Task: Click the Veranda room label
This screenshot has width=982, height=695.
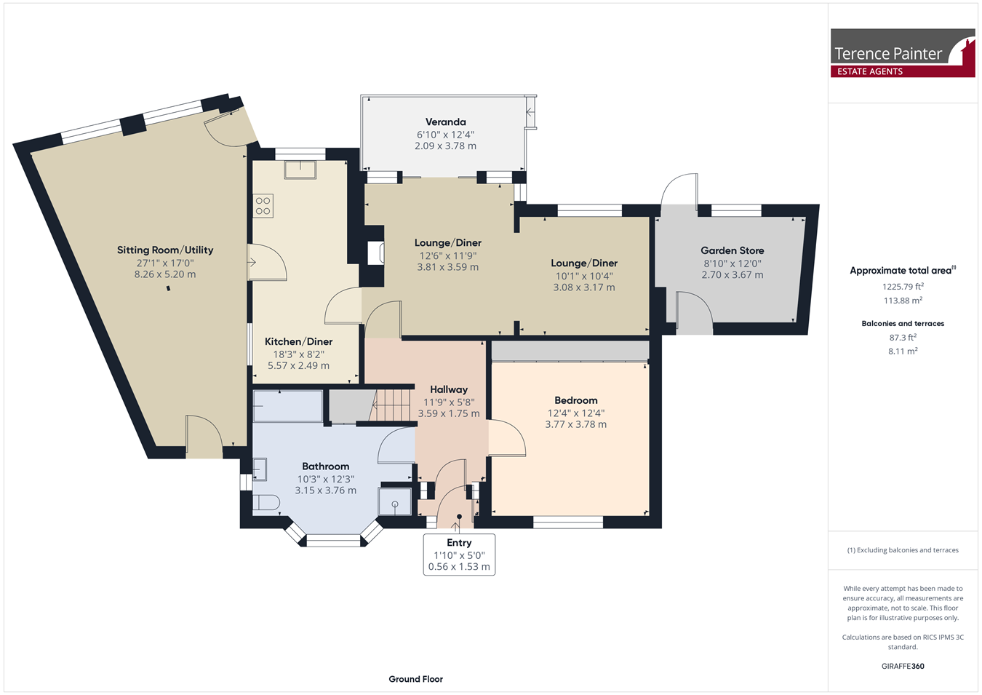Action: [x=445, y=122]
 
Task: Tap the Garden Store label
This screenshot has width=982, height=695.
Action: [x=732, y=250]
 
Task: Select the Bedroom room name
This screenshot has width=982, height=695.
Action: [x=575, y=400]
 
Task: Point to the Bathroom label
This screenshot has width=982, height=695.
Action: [x=325, y=466]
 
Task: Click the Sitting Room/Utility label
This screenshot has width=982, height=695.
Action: [x=165, y=250]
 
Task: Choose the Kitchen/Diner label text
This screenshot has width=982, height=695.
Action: [x=298, y=341]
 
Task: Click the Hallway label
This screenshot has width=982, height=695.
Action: [x=449, y=389]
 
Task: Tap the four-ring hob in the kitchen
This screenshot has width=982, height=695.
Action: [x=263, y=206]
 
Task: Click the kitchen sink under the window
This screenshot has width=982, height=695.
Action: [x=300, y=170]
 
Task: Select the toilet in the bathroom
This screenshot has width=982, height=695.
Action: [x=266, y=502]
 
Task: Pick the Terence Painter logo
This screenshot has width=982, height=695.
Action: [x=903, y=52]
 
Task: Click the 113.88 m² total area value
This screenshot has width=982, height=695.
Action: [x=903, y=301]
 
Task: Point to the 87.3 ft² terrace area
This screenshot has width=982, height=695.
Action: [x=903, y=337]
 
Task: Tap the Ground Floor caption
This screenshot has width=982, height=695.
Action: [x=415, y=679]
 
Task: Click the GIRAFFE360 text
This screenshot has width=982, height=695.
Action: [x=903, y=666]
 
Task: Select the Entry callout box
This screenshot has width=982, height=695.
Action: [x=459, y=555]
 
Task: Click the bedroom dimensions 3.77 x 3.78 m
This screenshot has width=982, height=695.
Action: [x=575, y=424]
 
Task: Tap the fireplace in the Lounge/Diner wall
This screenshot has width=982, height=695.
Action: [x=375, y=253]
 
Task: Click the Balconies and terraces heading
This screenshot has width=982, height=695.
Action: [x=903, y=324]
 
